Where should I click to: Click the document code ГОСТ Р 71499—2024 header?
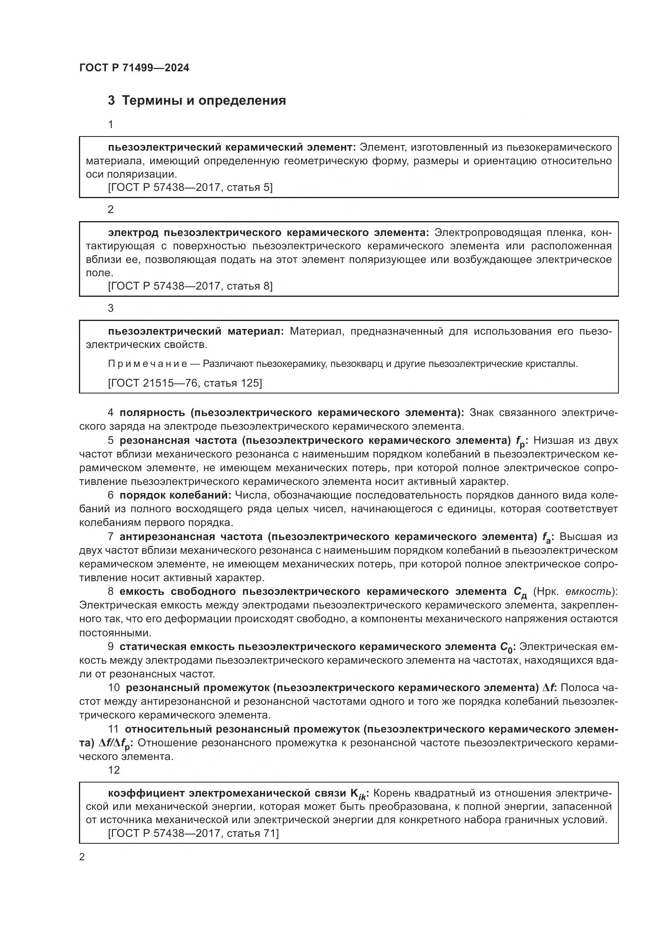coord(134,68)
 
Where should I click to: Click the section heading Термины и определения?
coord(204,101)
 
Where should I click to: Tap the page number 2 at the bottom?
coord(82,857)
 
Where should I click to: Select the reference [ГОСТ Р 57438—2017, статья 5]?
coord(190,188)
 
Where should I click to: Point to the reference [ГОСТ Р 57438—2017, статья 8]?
coord(190,286)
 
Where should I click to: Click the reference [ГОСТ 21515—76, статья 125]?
coord(184,383)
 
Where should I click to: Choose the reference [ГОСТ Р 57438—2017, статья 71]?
coord(193,833)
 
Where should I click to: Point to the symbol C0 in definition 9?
coord(507,648)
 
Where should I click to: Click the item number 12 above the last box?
coord(114,770)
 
